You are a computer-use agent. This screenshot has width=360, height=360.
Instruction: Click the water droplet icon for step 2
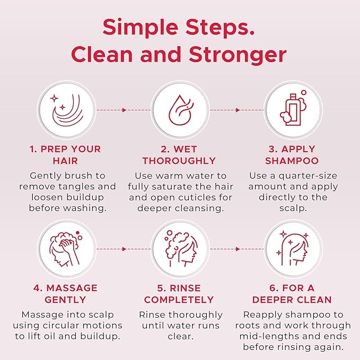click(179, 110)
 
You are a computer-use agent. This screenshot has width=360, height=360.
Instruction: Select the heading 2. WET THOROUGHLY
click(179, 154)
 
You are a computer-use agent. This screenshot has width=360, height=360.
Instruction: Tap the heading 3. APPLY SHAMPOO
click(292, 154)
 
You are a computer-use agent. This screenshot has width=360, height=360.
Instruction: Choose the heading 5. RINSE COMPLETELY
click(179, 294)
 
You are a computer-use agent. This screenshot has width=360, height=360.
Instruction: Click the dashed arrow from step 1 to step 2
click(122, 110)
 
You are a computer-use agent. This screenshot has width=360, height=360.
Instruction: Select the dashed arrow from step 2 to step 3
click(235, 110)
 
